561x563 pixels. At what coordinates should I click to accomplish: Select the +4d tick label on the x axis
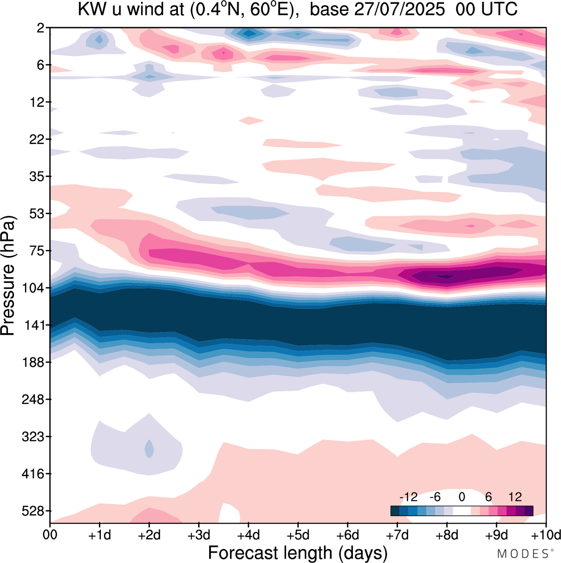pos(248,535)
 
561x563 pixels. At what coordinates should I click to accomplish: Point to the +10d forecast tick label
pos(546,535)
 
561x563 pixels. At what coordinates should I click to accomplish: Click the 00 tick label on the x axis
pos(50,535)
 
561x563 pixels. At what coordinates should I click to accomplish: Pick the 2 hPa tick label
pos(40,28)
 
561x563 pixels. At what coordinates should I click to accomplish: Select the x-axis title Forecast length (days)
pos(298,553)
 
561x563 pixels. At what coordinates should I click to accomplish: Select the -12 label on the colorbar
pos(408,497)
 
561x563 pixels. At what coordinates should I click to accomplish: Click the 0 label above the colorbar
pos(462,497)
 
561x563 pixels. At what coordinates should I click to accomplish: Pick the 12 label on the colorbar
pos(515,497)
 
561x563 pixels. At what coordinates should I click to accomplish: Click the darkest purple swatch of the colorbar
pos(529,511)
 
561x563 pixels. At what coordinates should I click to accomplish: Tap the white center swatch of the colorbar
pos(462,511)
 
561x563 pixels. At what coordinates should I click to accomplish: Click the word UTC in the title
pos(502,9)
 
